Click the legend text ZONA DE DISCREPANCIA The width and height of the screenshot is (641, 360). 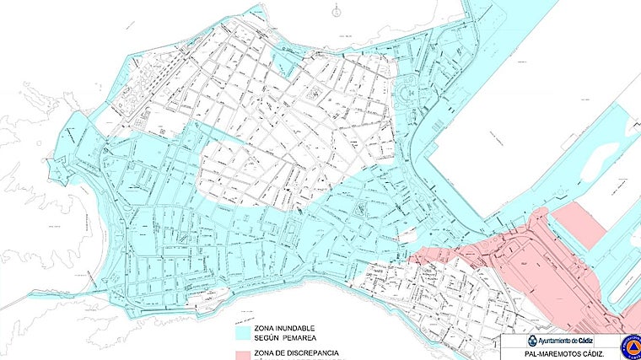(x=291, y=352)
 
